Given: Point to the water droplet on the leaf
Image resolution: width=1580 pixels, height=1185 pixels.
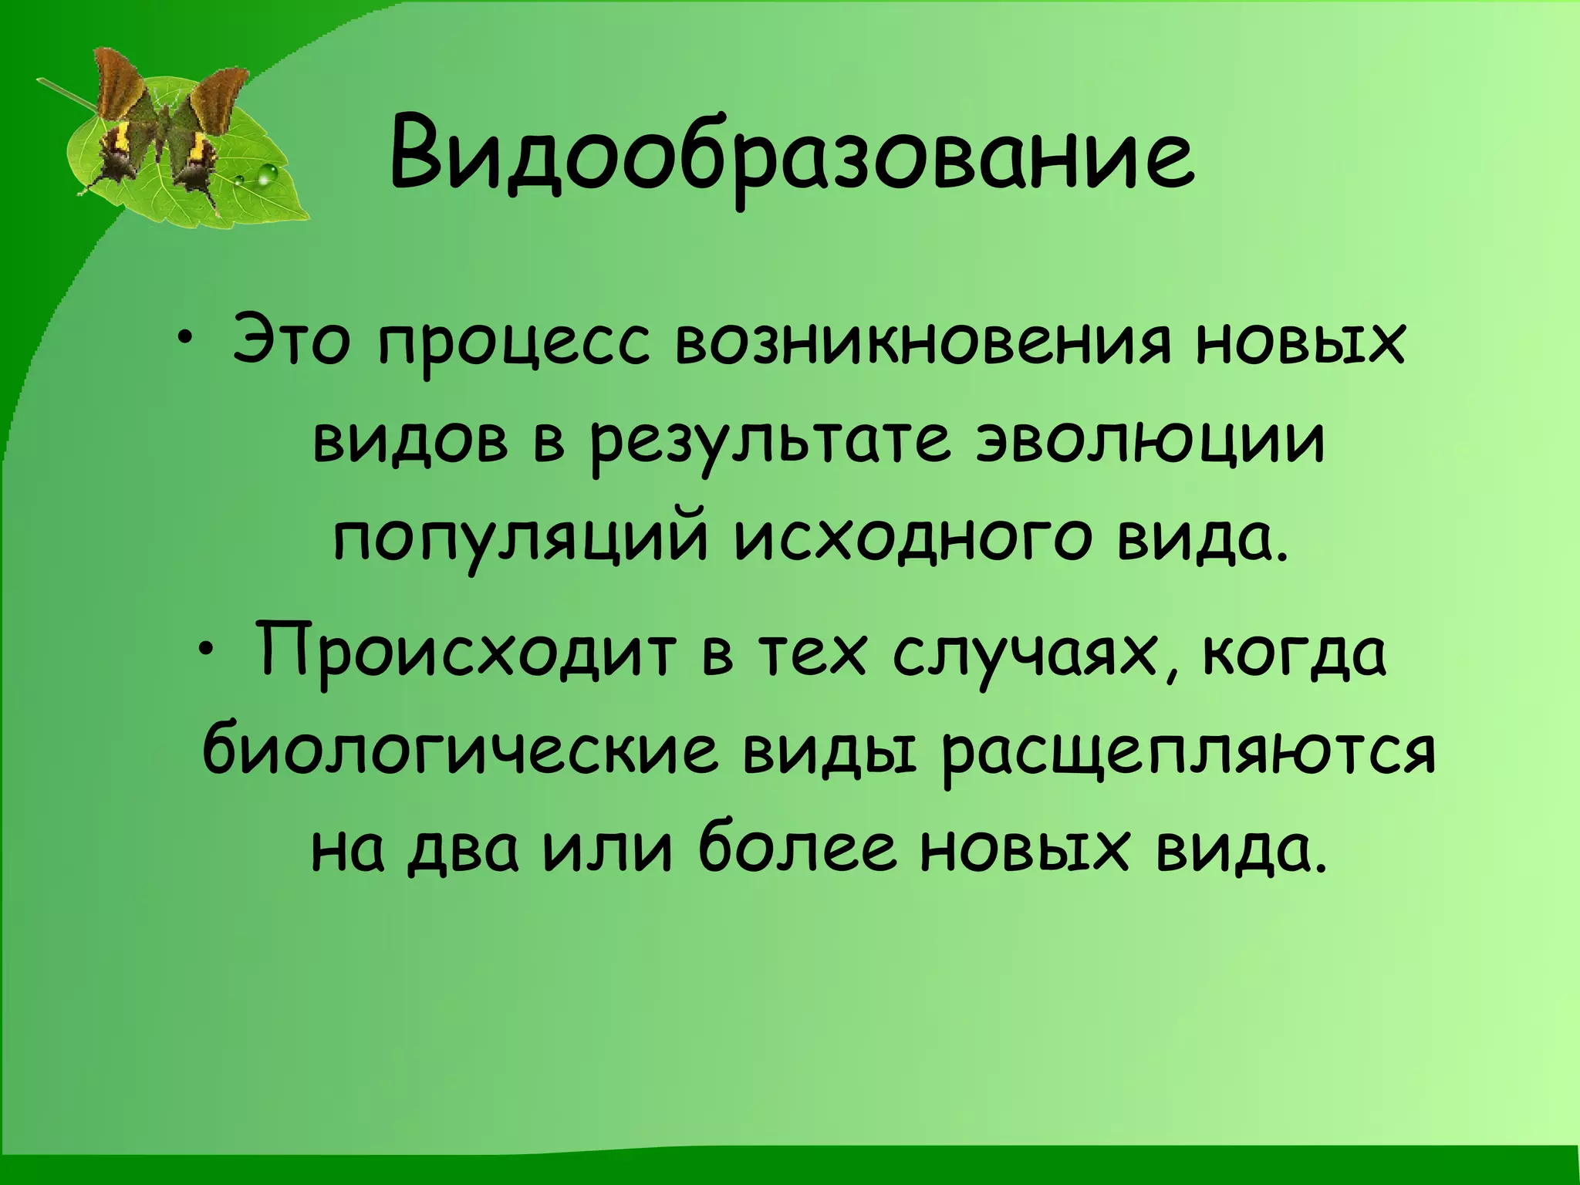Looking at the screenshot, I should (266, 174).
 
